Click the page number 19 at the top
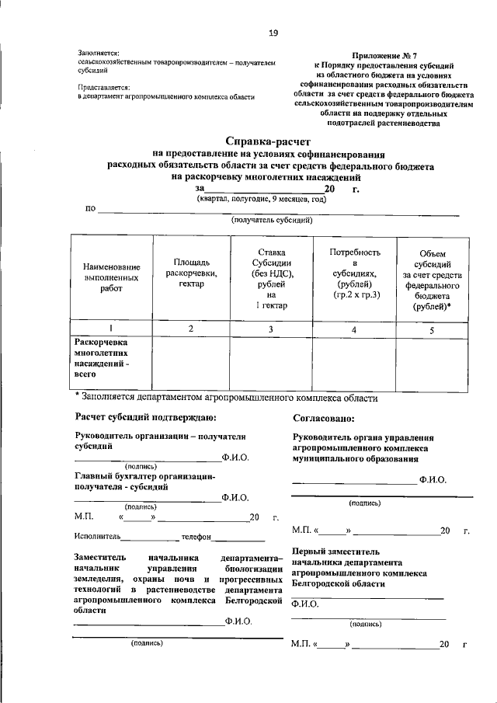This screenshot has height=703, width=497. [x=273, y=33]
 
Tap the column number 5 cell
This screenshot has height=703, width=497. [x=433, y=329]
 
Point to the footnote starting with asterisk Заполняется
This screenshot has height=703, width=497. [x=226, y=398]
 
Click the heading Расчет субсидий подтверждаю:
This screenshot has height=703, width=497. [x=140, y=419]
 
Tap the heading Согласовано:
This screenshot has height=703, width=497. [x=325, y=419]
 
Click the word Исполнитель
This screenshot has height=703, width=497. [x=99, y=536]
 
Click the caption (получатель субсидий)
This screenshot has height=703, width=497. [x=271, y=220]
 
